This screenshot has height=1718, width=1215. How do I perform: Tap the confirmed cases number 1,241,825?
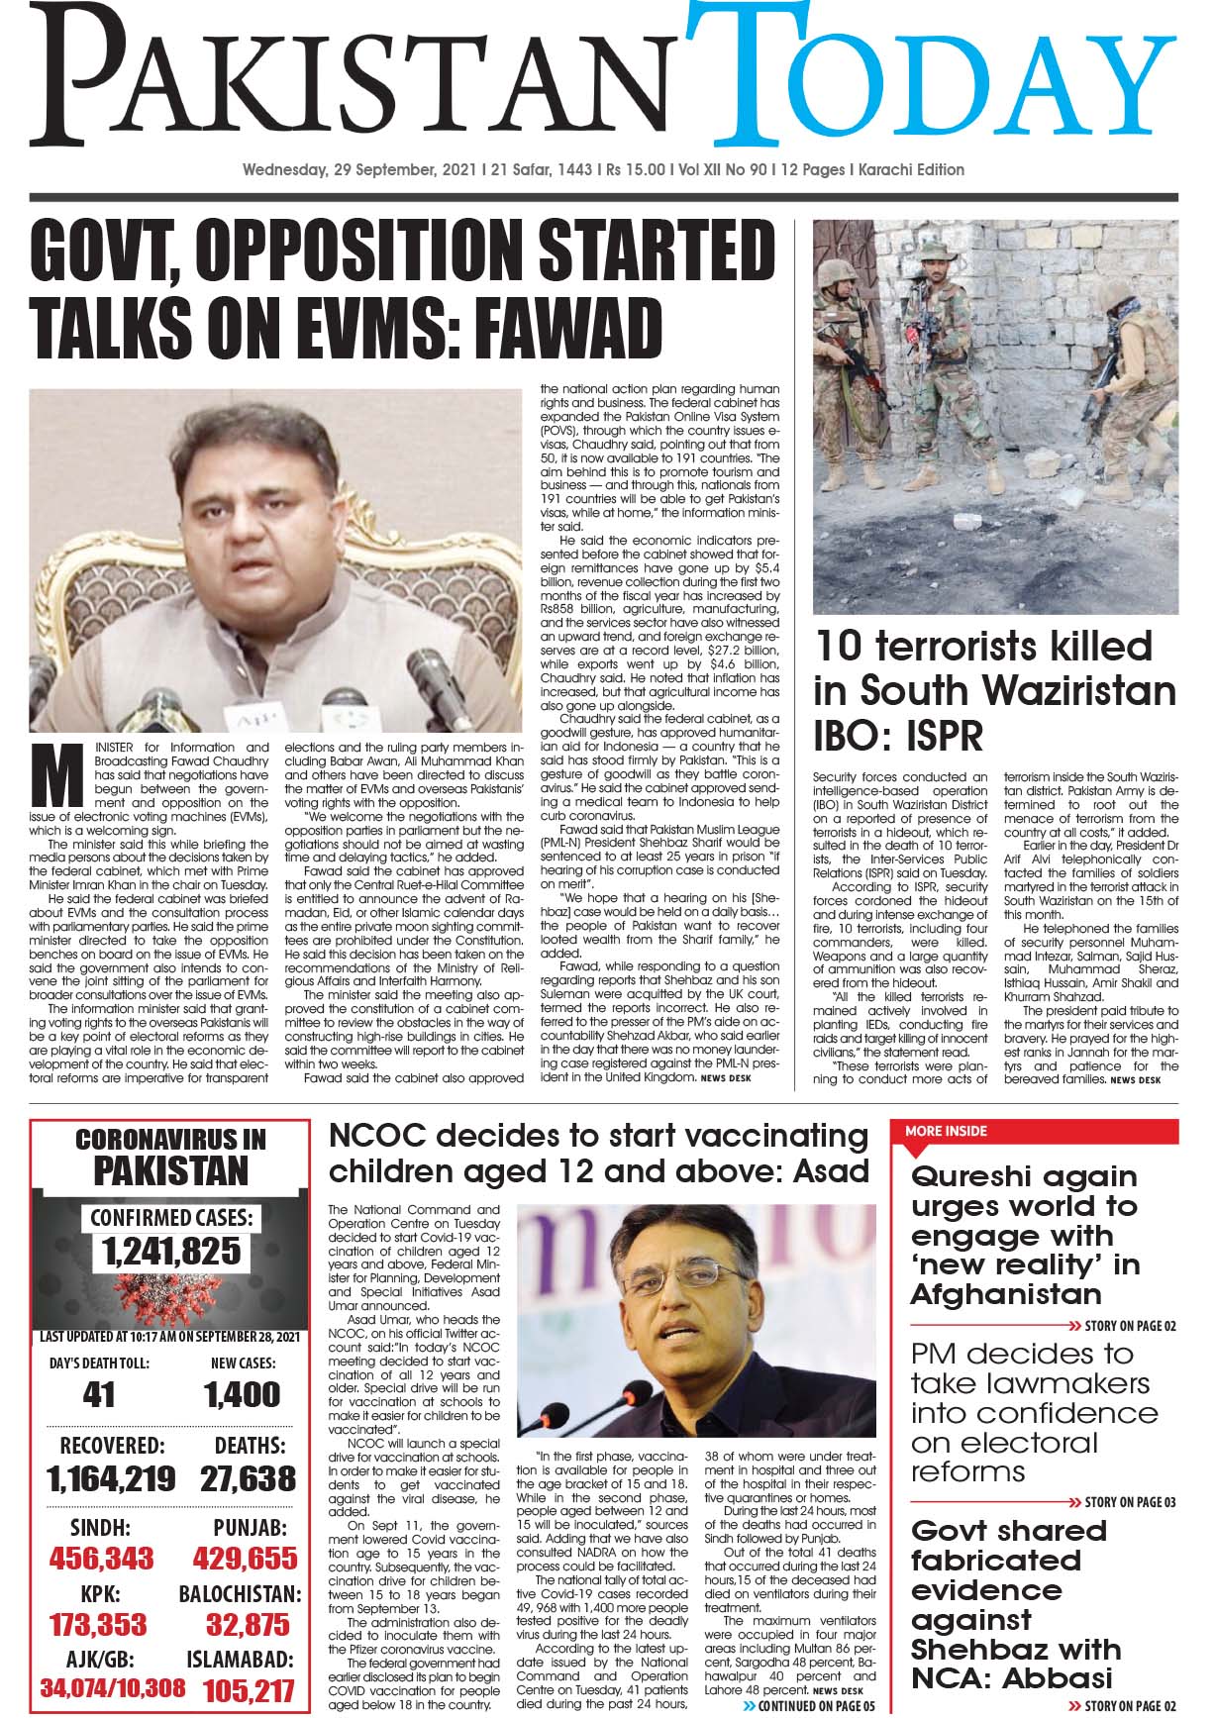click(x=171, y=1251)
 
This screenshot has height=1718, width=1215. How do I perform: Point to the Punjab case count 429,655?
click(x=246, y=1558)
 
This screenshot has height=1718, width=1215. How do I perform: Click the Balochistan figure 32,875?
click(x=248, y=1625)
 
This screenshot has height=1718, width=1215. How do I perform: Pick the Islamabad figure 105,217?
click(x=249, y=1690)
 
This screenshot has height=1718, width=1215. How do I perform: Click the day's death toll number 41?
click(x=100, y=1394)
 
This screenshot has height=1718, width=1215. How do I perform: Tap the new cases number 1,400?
click(x=243, y=1394)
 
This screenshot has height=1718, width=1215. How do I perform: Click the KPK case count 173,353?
click(x=97, y=1625)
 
